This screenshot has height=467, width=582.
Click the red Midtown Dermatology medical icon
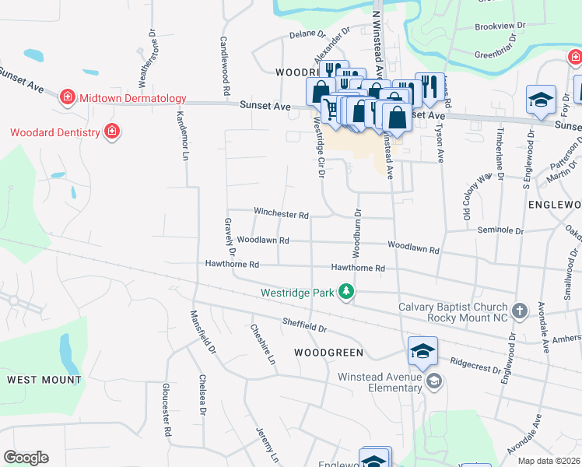point(68,97)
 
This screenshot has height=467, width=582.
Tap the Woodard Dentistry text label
point(54,132)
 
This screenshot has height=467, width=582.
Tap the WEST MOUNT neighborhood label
point(44,380)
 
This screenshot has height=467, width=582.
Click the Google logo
point(26,458)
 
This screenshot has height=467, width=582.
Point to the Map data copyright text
point(548,461)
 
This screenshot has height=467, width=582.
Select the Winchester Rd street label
point(281,213)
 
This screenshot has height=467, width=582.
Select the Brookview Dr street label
point(500,26)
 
